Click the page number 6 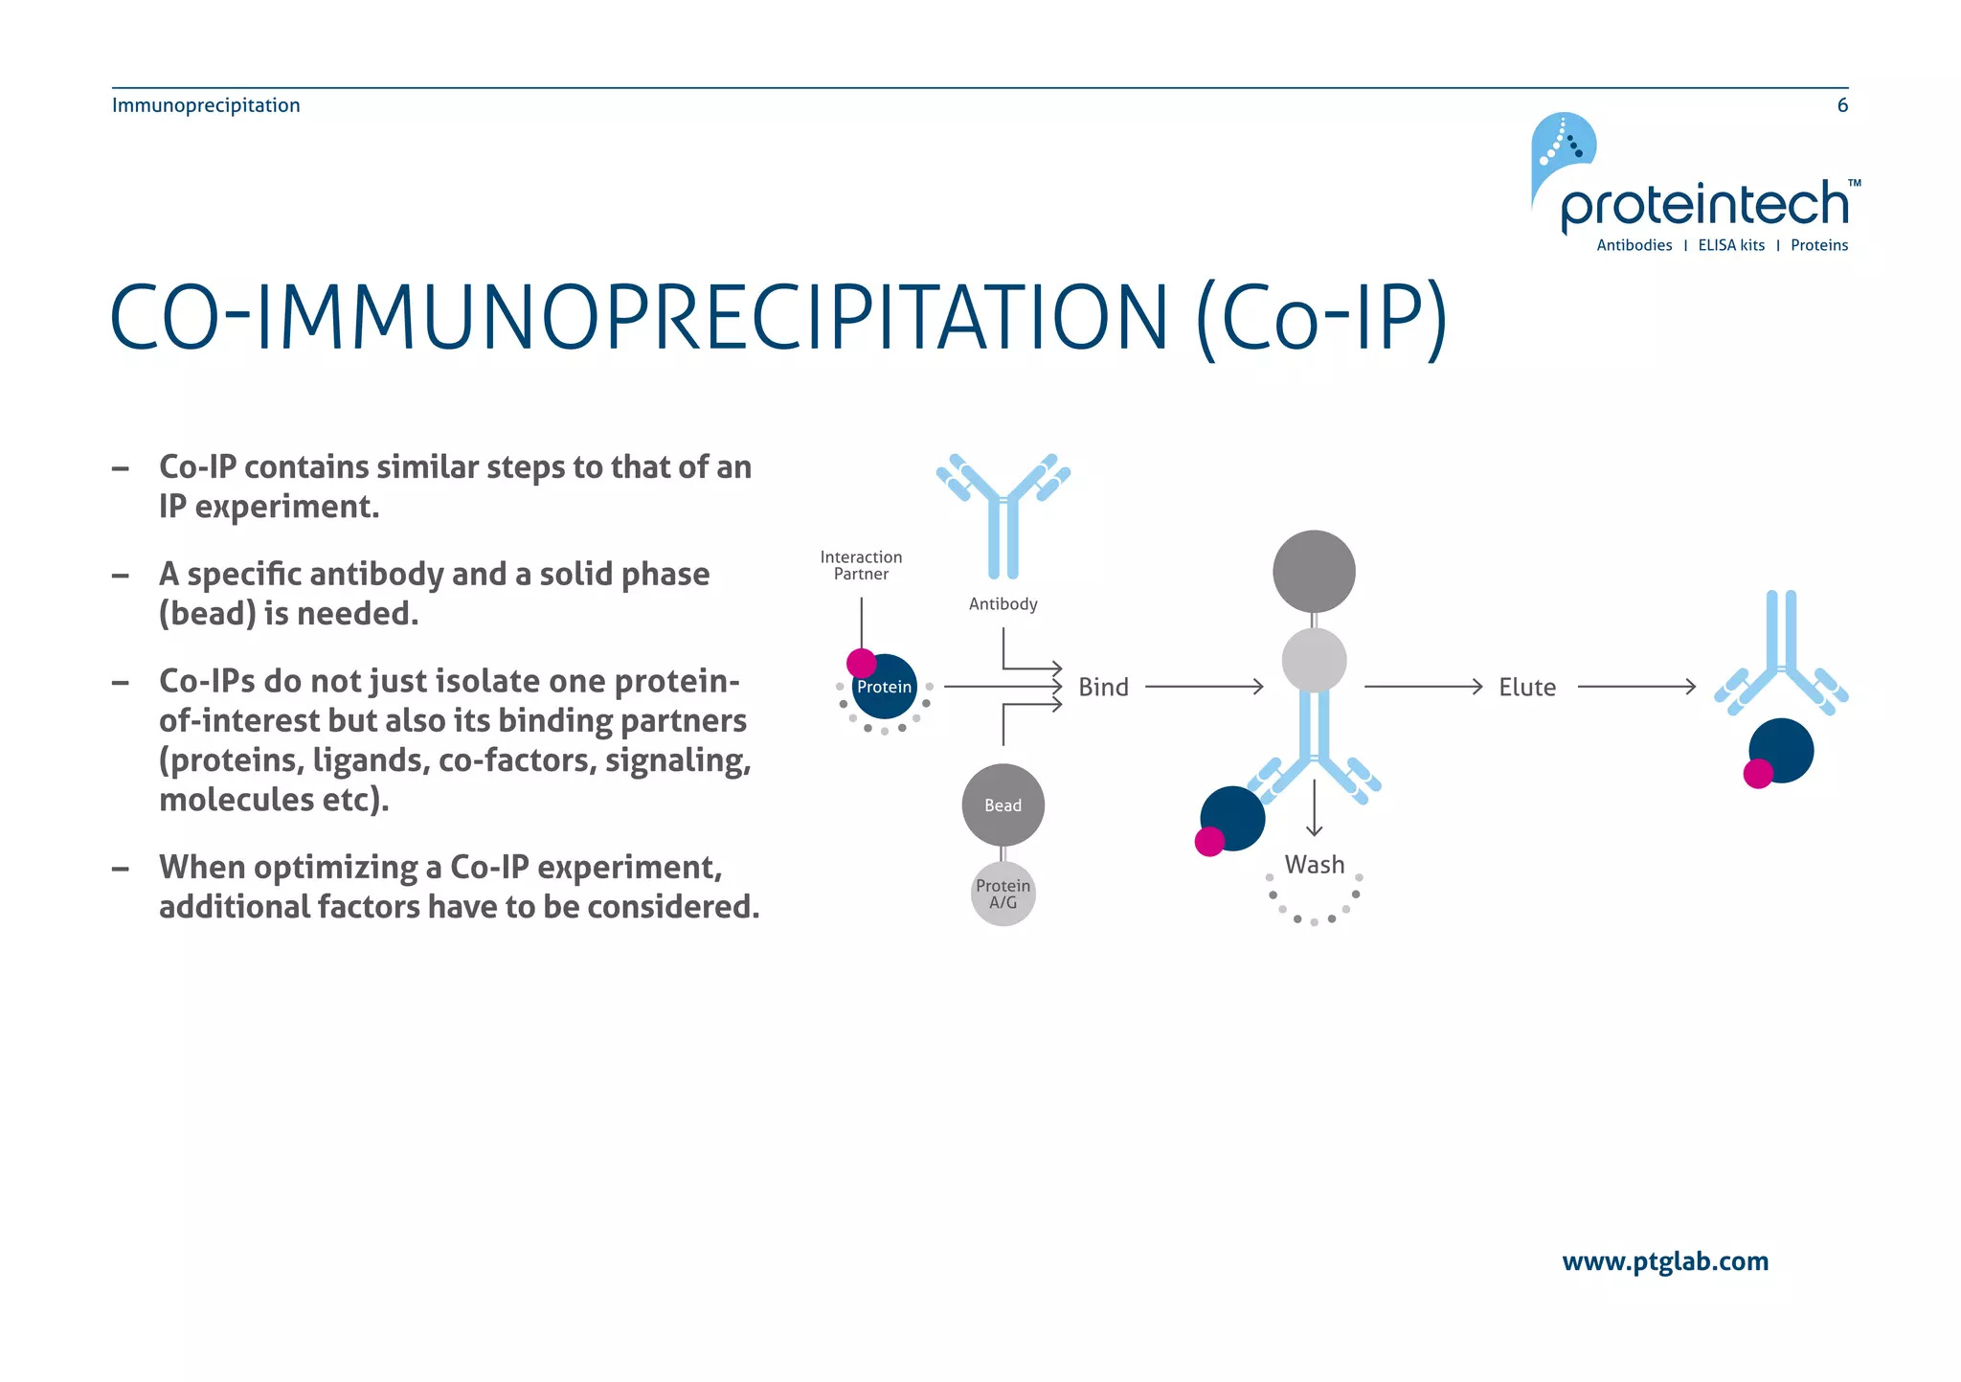[x=1841, y=105]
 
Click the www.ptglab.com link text [x=1664, y=1261]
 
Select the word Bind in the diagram [x=1103, y=688]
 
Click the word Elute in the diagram [x=1526, y=688]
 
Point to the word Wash [x=1314, y=865]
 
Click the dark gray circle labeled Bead [x=1003, y=804]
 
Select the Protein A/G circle [x=1003, y=894]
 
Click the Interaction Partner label [x=861, y=565]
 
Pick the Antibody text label [x=1003, y=604]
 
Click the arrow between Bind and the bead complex [x=1204, y=687]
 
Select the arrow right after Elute [x=1635, y=687]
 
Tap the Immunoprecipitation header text [x=206, y=105]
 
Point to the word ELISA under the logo [x=1717, y=245]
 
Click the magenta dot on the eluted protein [x=1758, y=773]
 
